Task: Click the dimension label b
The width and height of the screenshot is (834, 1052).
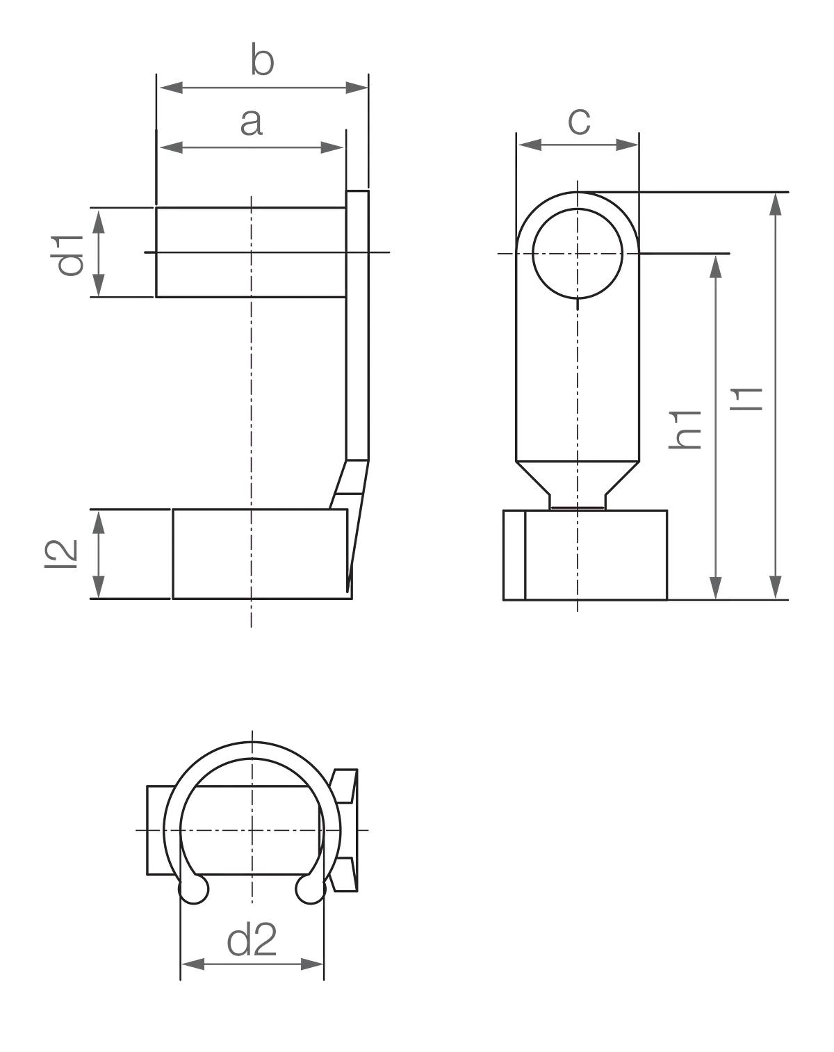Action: point(263,60)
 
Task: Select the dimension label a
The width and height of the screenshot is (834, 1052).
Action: point(252,122)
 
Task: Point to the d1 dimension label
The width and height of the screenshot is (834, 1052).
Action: point(70,256)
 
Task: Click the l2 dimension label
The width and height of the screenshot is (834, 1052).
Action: point(61,554)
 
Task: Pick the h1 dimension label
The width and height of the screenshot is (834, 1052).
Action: point(685,430)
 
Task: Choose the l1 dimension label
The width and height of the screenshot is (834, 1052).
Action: point(746,399)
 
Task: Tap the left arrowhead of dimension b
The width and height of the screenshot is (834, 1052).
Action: point(171,88)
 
